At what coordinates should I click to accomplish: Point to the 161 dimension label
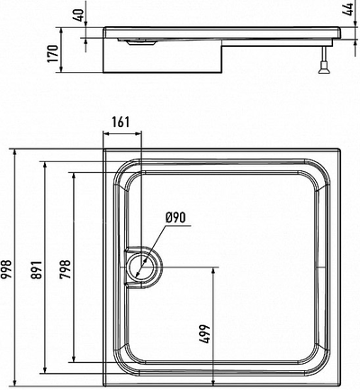(126, 122)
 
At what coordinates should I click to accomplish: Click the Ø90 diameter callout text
(175, 217)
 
